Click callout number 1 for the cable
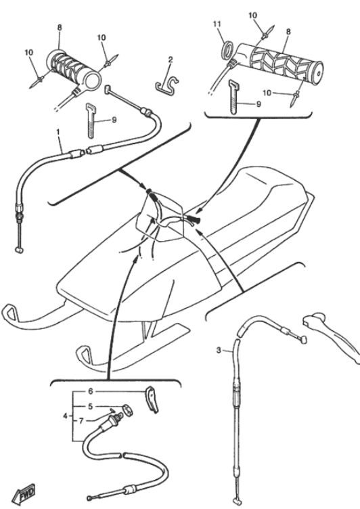[x=58, y=132]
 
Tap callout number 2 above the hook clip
[x=170, y=60]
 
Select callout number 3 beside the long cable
[x=219, y=350]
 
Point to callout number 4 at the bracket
[x=65, y=416]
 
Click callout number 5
[x=90, y=406]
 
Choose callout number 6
[x=90, y=391]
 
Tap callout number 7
[x=81, y=421]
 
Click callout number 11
[x=217, y=24]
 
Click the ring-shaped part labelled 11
[x=228, y=49]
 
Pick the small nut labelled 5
[x=129, y=410]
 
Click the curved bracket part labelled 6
[x=151, y=399]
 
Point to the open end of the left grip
[x=93, y=80]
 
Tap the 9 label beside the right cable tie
[x=258, y=104]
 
